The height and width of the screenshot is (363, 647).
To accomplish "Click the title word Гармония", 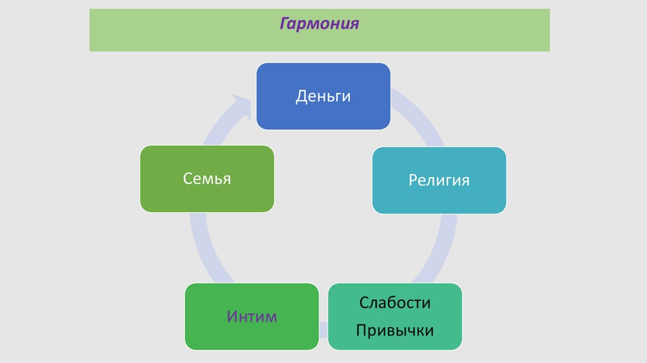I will coord(319,24).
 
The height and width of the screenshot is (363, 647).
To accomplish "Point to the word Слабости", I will coord(395,302).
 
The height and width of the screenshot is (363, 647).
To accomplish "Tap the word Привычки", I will coord(395,329).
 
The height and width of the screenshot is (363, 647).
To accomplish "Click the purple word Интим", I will coord(251,316).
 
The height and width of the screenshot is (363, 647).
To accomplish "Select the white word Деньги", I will coord(323,97).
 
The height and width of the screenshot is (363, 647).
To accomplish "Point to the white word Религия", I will coord(438,180).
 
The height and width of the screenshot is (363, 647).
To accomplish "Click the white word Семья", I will coord(207,178).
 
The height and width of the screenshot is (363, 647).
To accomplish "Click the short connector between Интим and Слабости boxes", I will coord(323,329).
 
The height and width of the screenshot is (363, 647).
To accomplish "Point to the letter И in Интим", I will coord(232,316).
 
